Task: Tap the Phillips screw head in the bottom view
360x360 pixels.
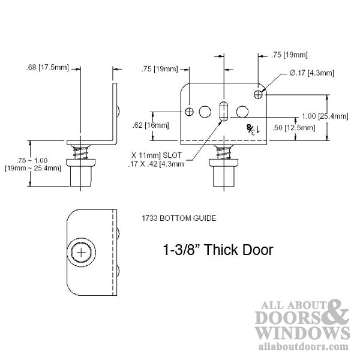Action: point(82,254)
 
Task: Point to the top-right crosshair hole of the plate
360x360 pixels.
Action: point(259,94)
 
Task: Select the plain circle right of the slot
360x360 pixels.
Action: point(242,112)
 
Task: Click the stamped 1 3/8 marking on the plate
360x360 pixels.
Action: point(250,128)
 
